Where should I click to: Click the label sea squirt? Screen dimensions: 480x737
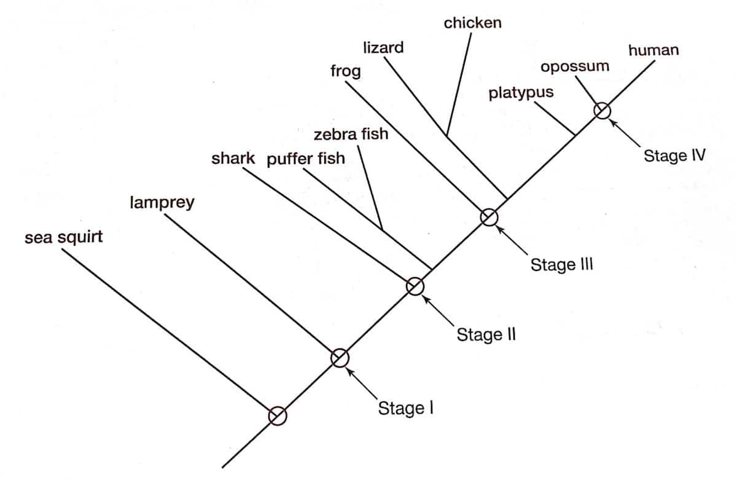(63, 237)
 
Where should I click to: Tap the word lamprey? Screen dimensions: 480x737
(162, 202)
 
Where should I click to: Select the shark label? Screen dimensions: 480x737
(233, 159)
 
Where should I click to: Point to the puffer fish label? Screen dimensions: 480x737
(306, 159)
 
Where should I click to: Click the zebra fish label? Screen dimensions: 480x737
(351, 134)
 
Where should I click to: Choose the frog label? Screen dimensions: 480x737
(346, 71)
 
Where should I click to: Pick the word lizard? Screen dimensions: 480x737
(383, 47)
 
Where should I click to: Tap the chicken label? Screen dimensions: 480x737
(472, 23)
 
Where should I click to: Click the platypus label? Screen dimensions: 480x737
(521, 93)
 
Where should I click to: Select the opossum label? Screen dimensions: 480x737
(575, 66)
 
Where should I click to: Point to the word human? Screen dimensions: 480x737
(653, 50)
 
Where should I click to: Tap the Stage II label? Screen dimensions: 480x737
(486, 335)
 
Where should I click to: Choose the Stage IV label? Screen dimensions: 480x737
(673, 156)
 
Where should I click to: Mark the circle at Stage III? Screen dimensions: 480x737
(489, 217)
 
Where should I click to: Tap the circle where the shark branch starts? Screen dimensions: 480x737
(415, 286)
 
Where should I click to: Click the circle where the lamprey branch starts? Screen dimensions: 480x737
(340, 357)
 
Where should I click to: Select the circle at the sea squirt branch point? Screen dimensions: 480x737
(277, 415)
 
